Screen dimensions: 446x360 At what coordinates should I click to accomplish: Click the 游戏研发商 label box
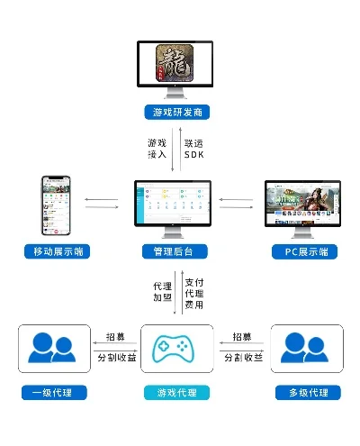[175, 113]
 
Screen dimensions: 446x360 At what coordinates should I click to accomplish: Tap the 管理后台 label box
[175, 250]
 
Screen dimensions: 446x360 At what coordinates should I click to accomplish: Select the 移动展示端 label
[56, 250]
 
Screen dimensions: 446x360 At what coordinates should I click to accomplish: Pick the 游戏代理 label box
[177, 392]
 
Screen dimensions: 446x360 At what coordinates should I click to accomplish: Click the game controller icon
[177, 349]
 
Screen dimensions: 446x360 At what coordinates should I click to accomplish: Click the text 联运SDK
[194, 149]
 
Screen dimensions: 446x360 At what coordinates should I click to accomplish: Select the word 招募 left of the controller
[115, 336]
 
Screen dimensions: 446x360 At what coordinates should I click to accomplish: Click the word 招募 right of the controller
[242, 336]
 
